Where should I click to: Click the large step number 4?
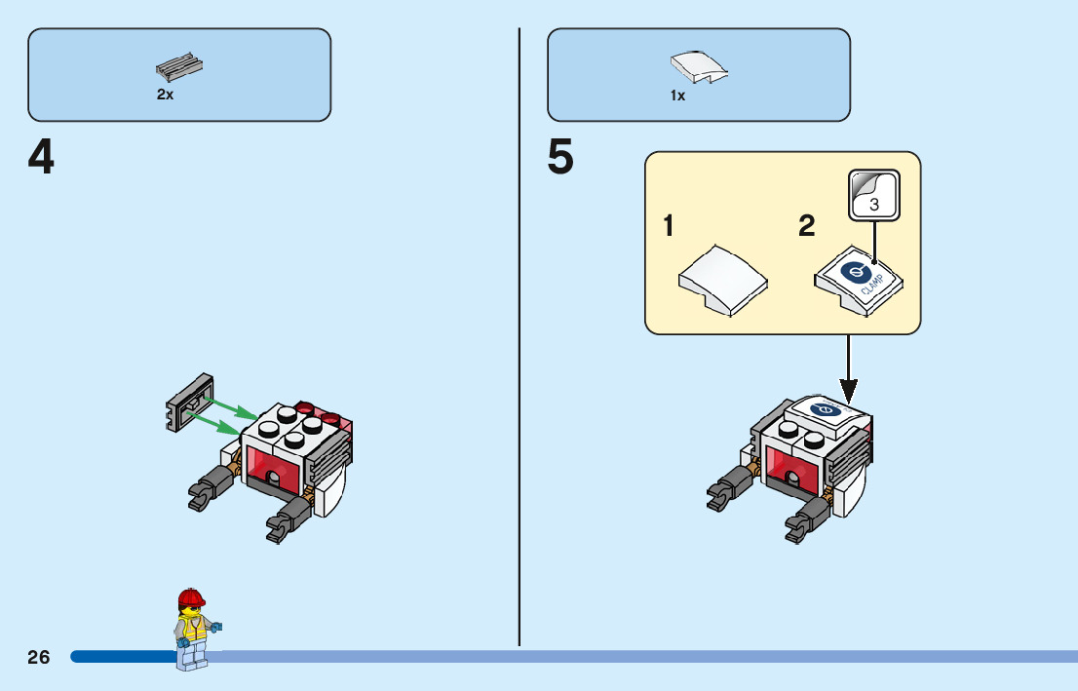pyautogui.click(x=41, y=158)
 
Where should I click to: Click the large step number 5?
pyautogui.click(x=560, y=158)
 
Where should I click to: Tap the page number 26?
pyautogui.click(x=39, y=657)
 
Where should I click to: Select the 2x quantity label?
pyautogui.click(x=165, y=96)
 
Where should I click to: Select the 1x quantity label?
pyautogui.click(x=677, y=96)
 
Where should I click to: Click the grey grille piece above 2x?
pyautogui.click(x=179, y=66)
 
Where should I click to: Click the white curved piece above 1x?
pyautogui.click(x=699, y=67)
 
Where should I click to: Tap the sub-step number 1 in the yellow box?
pyautogui.click(x=669, y=227)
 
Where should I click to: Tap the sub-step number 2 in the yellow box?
pyautogui.click(x=807, y=227)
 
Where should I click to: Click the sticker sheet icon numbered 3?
pyautogui.click(x=873, y=194)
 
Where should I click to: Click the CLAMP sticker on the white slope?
pyautogui.click(x=859, y=279)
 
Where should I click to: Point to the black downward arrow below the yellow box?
pyautogui.click(x=848, y=370)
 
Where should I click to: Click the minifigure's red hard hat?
pyautogui.click(x=192, y=597)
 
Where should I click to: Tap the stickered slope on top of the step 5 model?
pyautogui.click(x=824, y=413)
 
